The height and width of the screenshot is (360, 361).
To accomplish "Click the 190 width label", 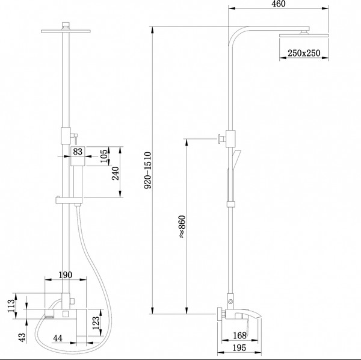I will [x=66, y=275].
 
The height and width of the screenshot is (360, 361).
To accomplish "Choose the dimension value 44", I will [x=58, y=340].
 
